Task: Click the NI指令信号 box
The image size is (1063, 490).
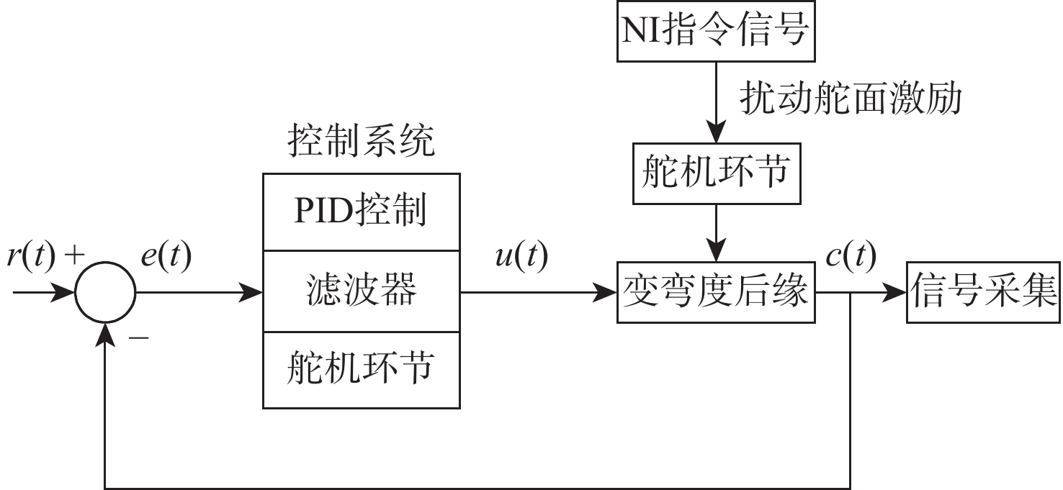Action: pyautogui.click(x=715, y=31)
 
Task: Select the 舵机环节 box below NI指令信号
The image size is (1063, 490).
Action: pyautogui.click(x=715, y=173)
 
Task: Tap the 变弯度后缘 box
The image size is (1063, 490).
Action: pyautogui.click(x=715, y=293)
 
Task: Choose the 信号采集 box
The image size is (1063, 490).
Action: pyautogui.click(x=983, y=293)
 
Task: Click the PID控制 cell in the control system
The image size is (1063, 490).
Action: pyautogui.click(x=361, y=212)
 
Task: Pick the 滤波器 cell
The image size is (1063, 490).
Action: pyautogui.click(x=361, y=291)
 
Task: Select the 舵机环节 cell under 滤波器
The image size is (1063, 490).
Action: pyautogui.click(x=361, y=369)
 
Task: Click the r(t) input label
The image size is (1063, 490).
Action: pyautogui.click(x=30, y=256)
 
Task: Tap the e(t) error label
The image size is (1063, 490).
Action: pyautogui.click(x=166, y=256)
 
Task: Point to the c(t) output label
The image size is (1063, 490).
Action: pyautogui.click(x=851, y=256)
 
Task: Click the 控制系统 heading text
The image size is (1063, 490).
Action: pyautogui.click(x=361, y=141)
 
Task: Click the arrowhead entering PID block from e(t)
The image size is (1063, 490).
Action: pyautogui.click(x=252, y=293)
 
